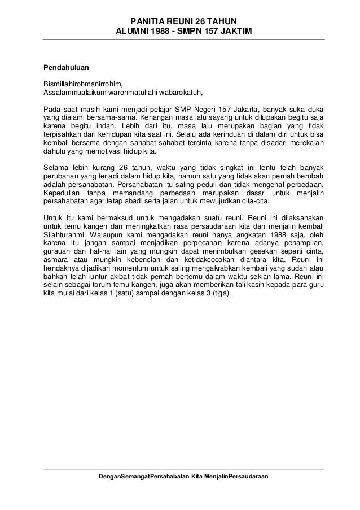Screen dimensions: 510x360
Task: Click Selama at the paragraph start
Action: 56,168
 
